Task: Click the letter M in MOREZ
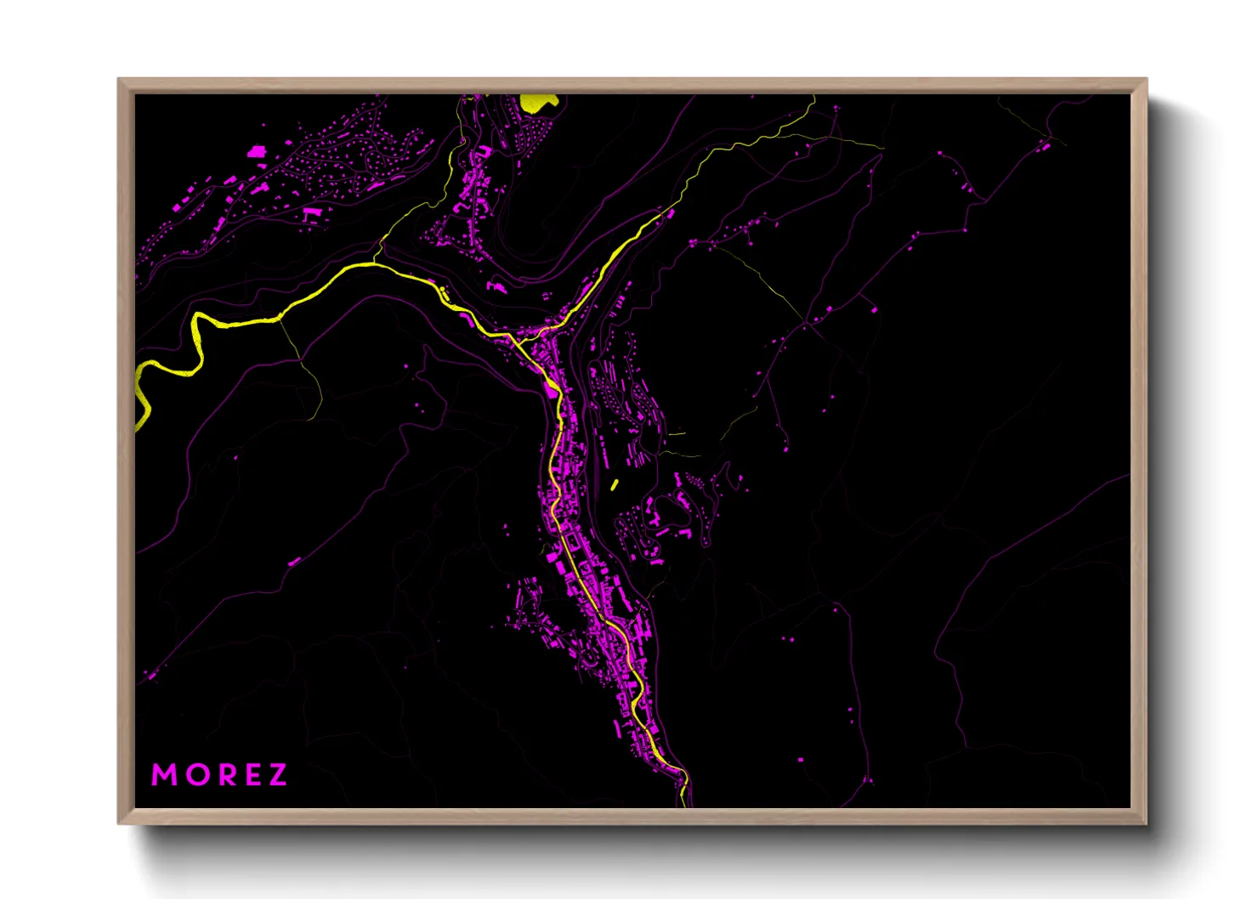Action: click(164, 775)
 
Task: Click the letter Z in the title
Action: click(277, 775)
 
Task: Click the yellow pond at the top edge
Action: click(538, 102)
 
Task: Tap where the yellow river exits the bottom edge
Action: click(683, 803)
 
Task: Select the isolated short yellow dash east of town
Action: click(614, 485)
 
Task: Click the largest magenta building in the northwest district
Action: click(256, 152)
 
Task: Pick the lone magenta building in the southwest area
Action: click(294, 562)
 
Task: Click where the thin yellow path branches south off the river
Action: click(280, 319)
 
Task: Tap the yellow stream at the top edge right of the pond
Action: click(813, 99)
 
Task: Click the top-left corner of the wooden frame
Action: click(119, 80)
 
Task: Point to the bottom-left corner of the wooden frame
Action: click(119, 823)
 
